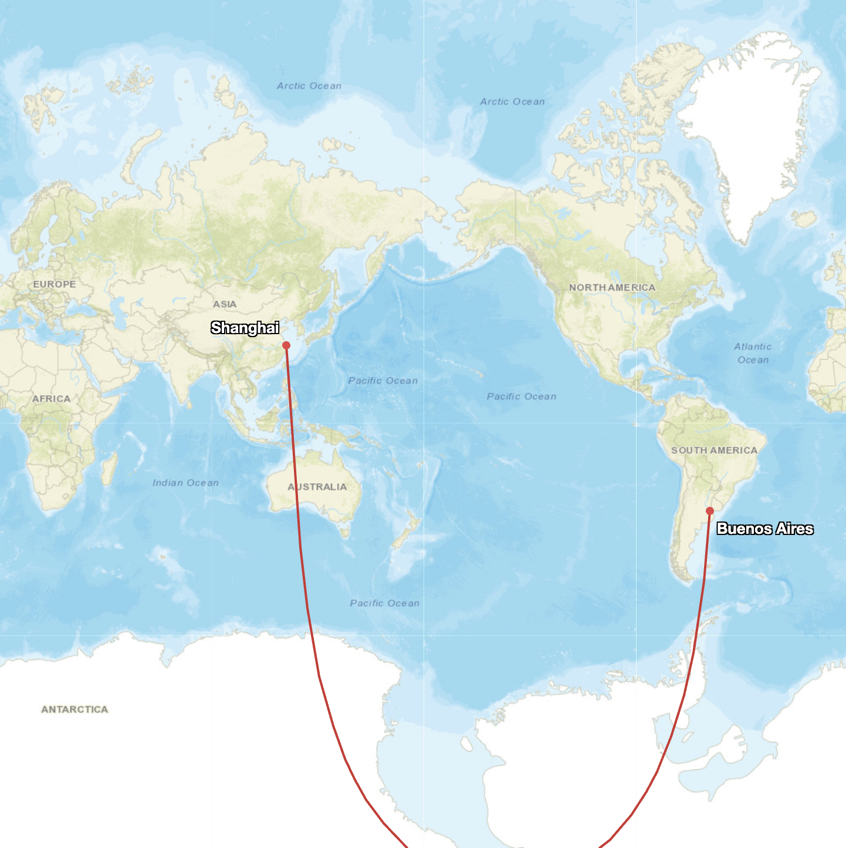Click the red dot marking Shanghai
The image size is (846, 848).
[286, 345]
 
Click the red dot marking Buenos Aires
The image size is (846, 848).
[710, 511]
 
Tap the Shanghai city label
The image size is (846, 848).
[245, 328]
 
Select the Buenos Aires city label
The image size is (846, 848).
[765, 529]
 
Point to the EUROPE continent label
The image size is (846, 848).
[55, 284]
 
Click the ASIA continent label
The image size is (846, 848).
[225, 304]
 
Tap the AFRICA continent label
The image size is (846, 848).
[51, 399]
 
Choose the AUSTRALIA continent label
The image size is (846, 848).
[317, 487]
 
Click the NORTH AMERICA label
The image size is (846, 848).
[612, 287]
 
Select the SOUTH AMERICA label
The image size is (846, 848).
[714, 450]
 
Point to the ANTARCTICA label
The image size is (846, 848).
[75, 709]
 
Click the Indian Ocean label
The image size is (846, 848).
[185, 483]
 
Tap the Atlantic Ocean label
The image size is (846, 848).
[753, 353]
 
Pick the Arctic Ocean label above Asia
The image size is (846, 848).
[309, 86]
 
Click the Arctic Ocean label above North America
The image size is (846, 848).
[512, 102]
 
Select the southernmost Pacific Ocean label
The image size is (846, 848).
[384, 603]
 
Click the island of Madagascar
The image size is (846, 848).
[109, 470]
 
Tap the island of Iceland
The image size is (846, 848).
[804, 219]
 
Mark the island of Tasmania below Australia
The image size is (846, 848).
[346, 533]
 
